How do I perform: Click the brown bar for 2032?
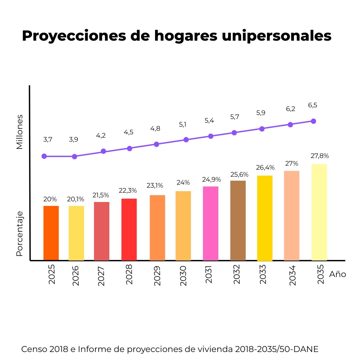[x=238, y=220]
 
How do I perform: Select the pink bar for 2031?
[x=210, y=223]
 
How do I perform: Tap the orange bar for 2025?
[x=51, y=233]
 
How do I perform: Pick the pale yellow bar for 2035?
[x=319, y=212]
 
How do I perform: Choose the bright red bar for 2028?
[x=129, y=229]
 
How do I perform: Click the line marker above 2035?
[x=313, y=121]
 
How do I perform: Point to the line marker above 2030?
[x=186, y=140]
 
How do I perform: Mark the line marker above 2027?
[x=103, y=151]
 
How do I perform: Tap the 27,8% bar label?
[x=319, y=156]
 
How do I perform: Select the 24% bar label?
[x=183, y=183]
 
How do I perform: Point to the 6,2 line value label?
[x=290, y=109]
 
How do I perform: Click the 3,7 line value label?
[x=48, y=140]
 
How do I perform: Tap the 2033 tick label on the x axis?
[x=263, y=274]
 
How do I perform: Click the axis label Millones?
[x=20, y=132]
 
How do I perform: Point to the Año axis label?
[x=337, y=274]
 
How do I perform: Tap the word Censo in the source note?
[x=34, y=349]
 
